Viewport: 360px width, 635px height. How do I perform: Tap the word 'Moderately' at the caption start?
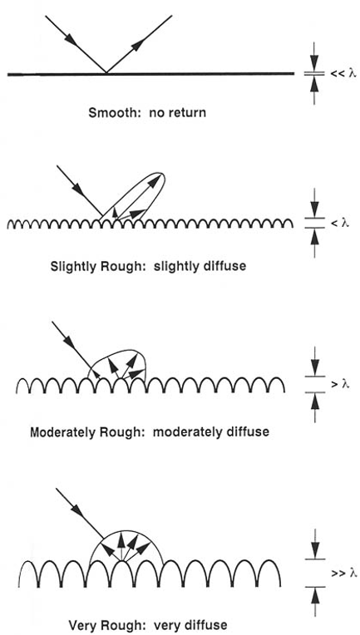(61, 432)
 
